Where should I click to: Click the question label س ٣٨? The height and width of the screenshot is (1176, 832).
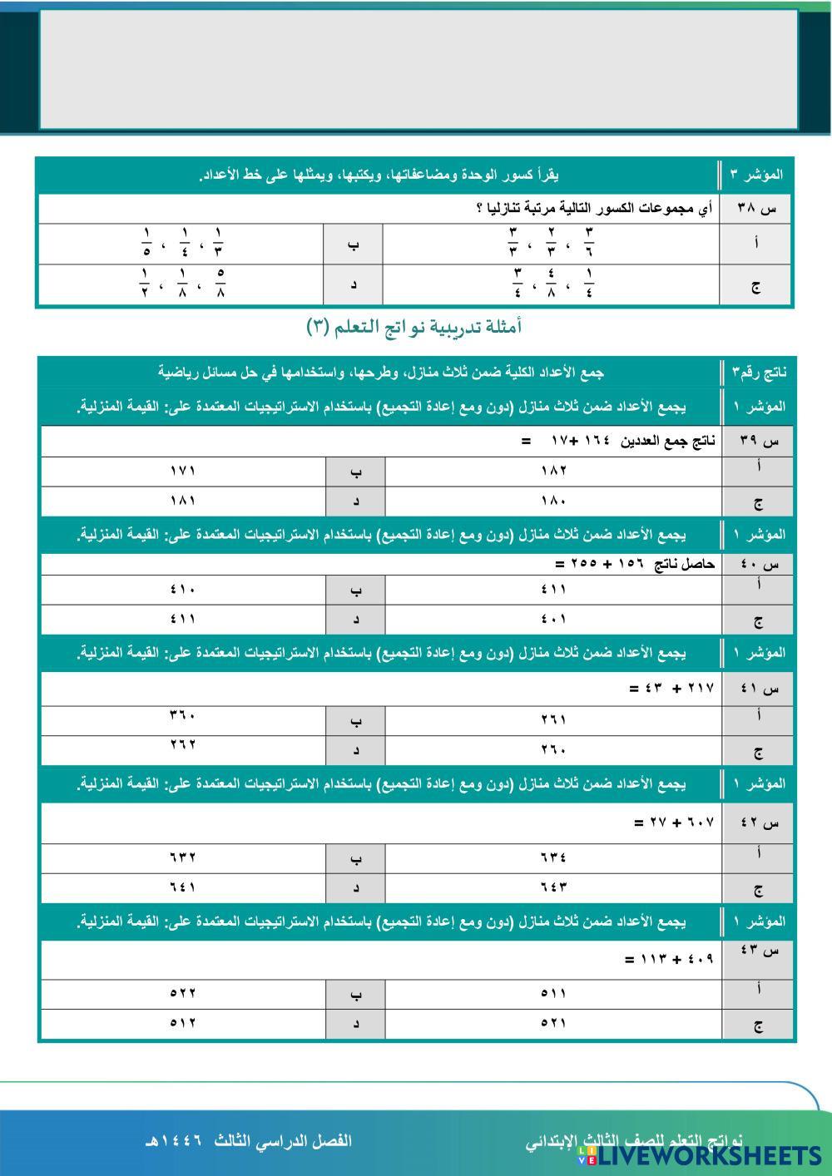coord(756,209)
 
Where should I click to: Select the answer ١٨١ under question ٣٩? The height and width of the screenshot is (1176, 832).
coord(182,501)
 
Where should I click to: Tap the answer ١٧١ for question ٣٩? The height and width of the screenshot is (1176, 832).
coord(182,471)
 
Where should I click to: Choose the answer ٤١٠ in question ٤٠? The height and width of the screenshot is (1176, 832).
coord(182,590)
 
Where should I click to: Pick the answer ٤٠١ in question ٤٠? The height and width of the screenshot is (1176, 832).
coord(553,620)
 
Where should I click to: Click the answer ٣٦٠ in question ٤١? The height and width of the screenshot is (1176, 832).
coord(182,715)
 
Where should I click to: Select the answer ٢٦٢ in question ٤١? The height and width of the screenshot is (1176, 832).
coord(182,744)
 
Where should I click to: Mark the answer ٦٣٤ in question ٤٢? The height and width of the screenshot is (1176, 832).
coord(553,857)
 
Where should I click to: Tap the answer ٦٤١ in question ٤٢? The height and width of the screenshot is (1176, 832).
coord(182,887)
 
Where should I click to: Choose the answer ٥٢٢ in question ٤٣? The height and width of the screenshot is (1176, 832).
coord(182,993)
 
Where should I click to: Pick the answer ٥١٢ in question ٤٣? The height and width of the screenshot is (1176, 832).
coord(182,1023)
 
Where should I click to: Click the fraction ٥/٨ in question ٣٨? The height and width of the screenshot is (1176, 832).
coord(220,282)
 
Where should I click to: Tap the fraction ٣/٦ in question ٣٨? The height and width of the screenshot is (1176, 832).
coord(589,242)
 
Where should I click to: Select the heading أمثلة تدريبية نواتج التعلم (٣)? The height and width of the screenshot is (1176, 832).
coord(414,328)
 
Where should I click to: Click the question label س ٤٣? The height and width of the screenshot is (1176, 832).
coord(758,951)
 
